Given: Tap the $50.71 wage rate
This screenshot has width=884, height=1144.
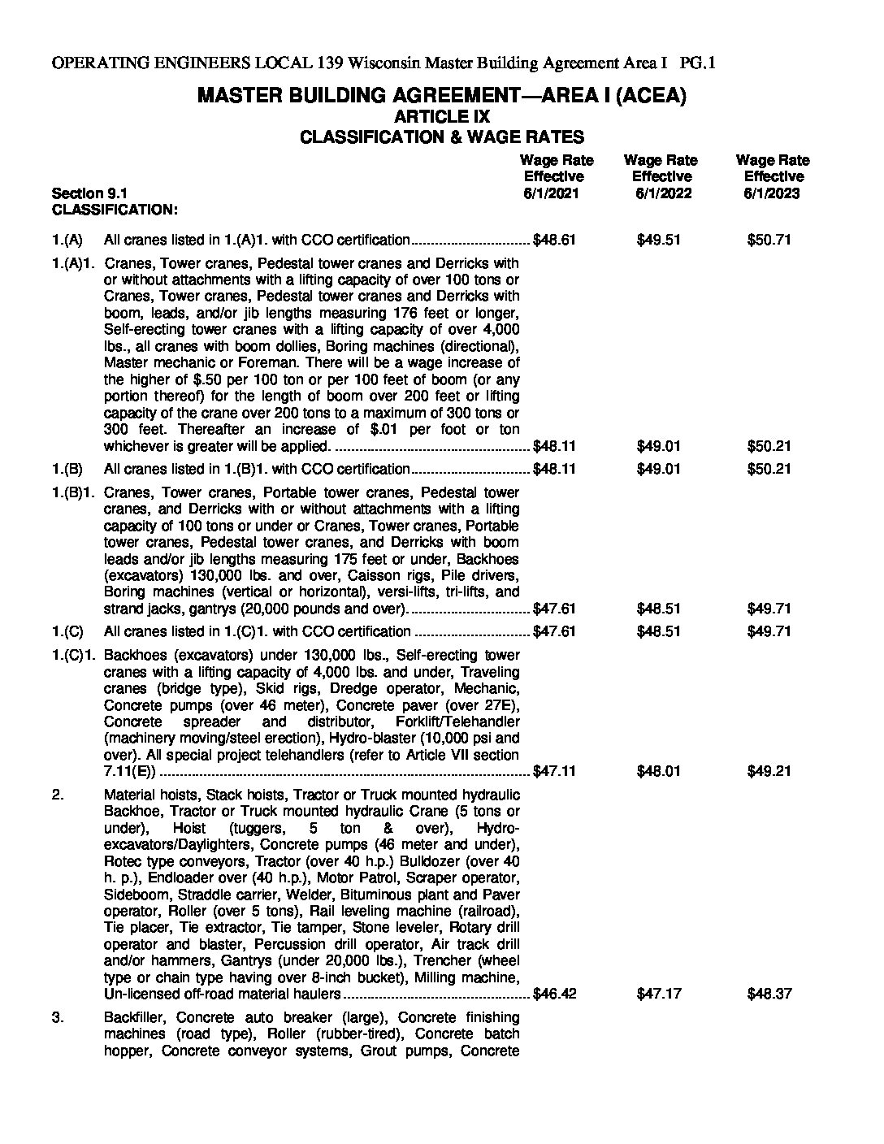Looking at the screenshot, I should coord(769,240).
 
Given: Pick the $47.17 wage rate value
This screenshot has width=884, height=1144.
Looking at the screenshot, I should coord(658,994).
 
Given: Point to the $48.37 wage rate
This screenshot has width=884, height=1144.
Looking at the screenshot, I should coord(769,994).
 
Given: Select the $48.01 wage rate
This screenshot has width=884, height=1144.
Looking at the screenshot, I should coord(658,771).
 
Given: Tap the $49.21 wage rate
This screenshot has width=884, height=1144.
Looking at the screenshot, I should coord(769,771).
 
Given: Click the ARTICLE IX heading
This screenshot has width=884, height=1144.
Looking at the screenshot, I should coord(441,117).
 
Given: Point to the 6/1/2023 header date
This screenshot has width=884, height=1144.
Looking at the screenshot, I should coord(771,193).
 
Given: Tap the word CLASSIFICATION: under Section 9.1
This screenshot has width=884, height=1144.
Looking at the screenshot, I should coord(115,210).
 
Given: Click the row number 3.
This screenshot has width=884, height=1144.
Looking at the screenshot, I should coord(58,1017).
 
